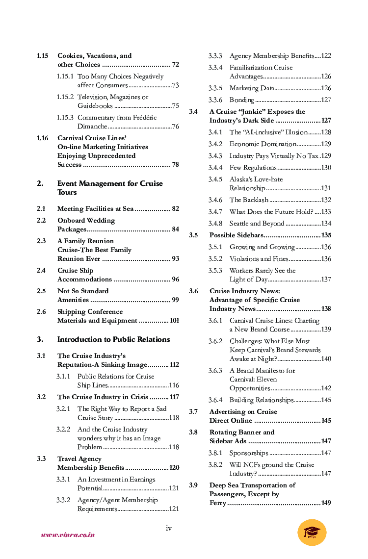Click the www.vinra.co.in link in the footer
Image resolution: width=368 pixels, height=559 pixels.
68,535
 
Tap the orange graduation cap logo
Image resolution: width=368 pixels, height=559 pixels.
312,533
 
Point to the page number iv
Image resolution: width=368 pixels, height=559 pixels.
169,528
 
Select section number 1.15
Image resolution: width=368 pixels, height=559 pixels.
42,56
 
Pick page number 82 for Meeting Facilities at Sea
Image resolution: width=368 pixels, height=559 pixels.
175,209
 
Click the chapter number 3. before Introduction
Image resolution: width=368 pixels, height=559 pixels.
40,339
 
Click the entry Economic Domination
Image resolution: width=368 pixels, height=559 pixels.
263,144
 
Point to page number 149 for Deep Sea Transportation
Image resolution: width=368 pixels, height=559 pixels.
326,503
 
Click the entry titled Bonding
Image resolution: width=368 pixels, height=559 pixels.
241,100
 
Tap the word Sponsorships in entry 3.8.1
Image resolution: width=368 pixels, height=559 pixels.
249,453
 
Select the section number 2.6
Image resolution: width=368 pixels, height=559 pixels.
41,312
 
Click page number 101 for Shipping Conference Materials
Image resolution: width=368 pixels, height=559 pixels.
174,321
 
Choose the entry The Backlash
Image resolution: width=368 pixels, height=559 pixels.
249,200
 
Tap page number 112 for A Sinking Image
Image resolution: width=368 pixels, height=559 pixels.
174,365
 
